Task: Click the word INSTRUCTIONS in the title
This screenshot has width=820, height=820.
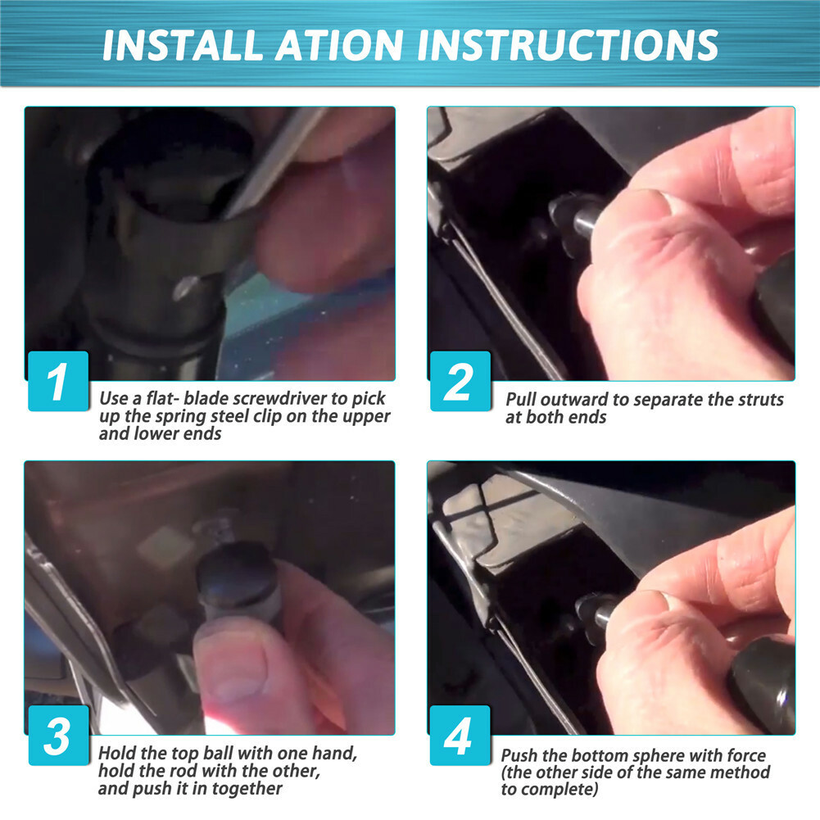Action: pos(568,46)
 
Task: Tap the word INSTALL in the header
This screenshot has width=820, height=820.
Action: pos(183,46)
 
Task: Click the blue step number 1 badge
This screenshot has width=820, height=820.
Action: pos(58,381)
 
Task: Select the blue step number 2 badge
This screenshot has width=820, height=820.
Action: pos(460,381)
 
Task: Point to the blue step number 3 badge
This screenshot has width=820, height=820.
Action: pos(58,736)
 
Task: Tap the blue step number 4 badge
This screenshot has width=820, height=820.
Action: pos(460,736)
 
